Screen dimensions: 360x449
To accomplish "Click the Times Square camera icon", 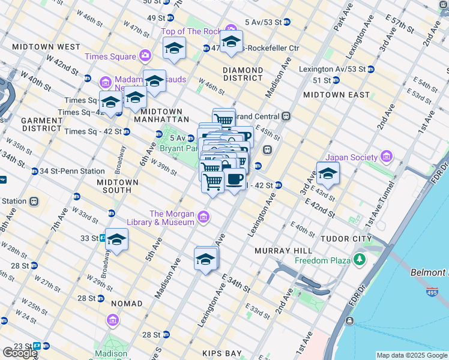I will point(145,56).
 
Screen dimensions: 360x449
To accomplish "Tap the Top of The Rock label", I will point(191,31).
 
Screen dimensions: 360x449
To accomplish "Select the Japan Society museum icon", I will point(386,158).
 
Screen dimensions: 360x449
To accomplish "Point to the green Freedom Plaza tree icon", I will point(360,260).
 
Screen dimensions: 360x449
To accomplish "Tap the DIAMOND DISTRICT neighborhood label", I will point(243,74).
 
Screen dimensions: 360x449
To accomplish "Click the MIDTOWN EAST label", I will point(336,95).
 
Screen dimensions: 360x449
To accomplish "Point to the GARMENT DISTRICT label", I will point(41,124).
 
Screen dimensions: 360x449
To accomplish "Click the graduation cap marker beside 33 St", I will point(117,240).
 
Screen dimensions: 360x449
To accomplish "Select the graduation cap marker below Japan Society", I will point(328,174).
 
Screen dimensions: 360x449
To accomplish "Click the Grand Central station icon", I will point(287,116).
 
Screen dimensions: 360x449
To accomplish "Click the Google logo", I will point(20,353).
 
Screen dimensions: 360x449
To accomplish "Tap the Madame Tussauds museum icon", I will point(105,82).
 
